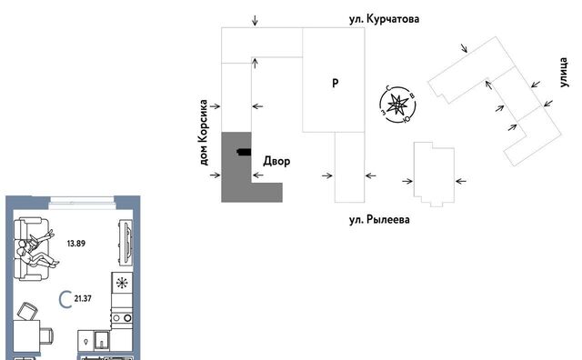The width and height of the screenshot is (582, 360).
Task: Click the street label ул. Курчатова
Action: coord(384,19)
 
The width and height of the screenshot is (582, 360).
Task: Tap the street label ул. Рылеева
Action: coord(379,220)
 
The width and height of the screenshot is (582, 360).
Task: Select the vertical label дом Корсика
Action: coord(204,133)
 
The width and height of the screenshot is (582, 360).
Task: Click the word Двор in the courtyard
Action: coord(276,162)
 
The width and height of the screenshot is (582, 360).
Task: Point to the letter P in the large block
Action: coord(336,83)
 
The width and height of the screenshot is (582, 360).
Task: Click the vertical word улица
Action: coord(564,73)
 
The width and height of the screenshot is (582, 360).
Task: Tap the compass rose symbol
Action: coord(397,105)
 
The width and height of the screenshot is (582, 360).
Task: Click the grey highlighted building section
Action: coord(236,167)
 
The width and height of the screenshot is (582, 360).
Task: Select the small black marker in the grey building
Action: coord(244,152)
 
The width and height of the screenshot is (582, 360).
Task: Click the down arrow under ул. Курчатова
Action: coord(255,20)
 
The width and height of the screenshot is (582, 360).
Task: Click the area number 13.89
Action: coord(76,244)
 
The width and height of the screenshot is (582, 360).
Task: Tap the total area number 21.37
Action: coord(83,298)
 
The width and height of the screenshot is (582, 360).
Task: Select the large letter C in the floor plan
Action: coord(65,299)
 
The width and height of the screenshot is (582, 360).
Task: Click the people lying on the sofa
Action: coord(36,249)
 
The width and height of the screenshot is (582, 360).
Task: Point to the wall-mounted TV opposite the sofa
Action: coord(125,243)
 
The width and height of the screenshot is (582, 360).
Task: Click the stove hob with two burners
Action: coord(122,317)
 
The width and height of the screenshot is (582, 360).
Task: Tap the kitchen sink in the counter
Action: coord(101,340)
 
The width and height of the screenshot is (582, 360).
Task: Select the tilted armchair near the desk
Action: coord(28,312)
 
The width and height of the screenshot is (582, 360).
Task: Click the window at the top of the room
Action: coord(82,202)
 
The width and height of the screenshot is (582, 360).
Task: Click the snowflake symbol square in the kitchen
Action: coord(122,283)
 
